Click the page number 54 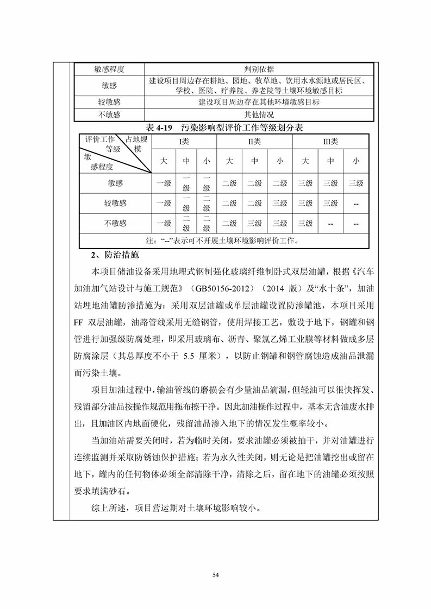[215, 574]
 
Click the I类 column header [184, 142]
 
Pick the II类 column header [254, 142]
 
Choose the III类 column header [330, 142]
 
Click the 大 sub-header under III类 [305, 161]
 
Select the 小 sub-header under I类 [206, 161]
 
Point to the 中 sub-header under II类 [254, 161]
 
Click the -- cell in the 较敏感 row [355, 204]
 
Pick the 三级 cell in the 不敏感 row [305, 223]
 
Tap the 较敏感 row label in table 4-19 [115, 204]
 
